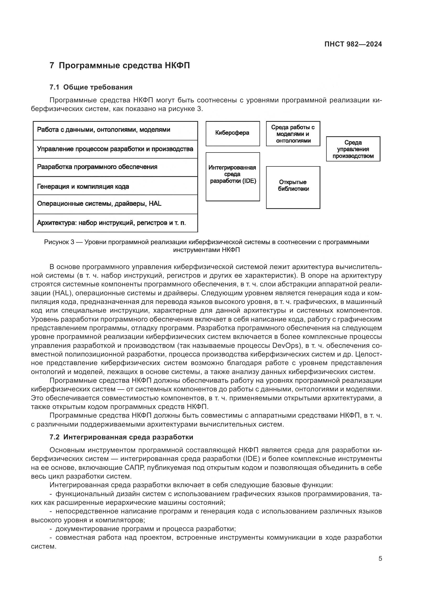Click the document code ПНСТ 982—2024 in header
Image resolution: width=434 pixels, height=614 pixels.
coord(353,44)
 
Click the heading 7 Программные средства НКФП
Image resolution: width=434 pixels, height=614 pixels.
coord(120,66)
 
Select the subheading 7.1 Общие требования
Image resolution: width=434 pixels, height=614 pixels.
coord(91,87)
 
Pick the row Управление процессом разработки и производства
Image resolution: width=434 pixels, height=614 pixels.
coord(115,149)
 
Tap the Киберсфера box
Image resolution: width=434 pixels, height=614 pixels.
coord(232,133)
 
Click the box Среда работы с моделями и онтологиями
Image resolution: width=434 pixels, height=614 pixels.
coord(293,134)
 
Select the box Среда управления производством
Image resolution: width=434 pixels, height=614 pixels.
coord(353,149)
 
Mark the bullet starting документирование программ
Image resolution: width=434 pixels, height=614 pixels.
coord(145,529)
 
